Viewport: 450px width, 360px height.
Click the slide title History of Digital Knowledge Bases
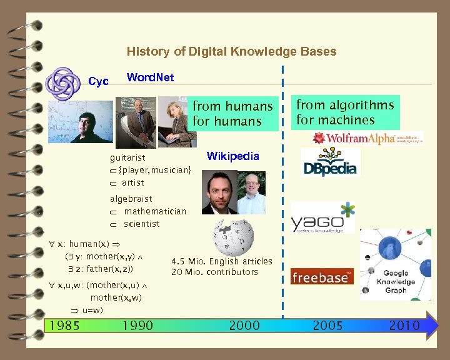[231, 51]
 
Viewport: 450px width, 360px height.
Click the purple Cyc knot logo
[64, 82]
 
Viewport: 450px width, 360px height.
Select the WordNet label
[150, 77]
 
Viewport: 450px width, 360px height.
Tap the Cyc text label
[98, 81]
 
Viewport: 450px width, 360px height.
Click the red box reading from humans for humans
[232, 113]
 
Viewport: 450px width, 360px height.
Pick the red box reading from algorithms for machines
[345, 112]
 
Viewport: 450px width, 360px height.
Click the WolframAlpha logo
[367, 138]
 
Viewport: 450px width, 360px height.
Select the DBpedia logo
[330, 162]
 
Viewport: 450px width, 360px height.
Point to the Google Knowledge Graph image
[395, 264]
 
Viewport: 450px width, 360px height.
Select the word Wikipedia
[232, 156]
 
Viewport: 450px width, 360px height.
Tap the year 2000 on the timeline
[245, 325]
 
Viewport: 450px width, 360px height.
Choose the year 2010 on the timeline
[404, 325]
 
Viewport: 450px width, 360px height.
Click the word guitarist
[127, 159]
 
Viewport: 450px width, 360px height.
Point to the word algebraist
[131, 199]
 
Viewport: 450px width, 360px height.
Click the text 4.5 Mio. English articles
[222, 261]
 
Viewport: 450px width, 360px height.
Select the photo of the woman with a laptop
[173, 121]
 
